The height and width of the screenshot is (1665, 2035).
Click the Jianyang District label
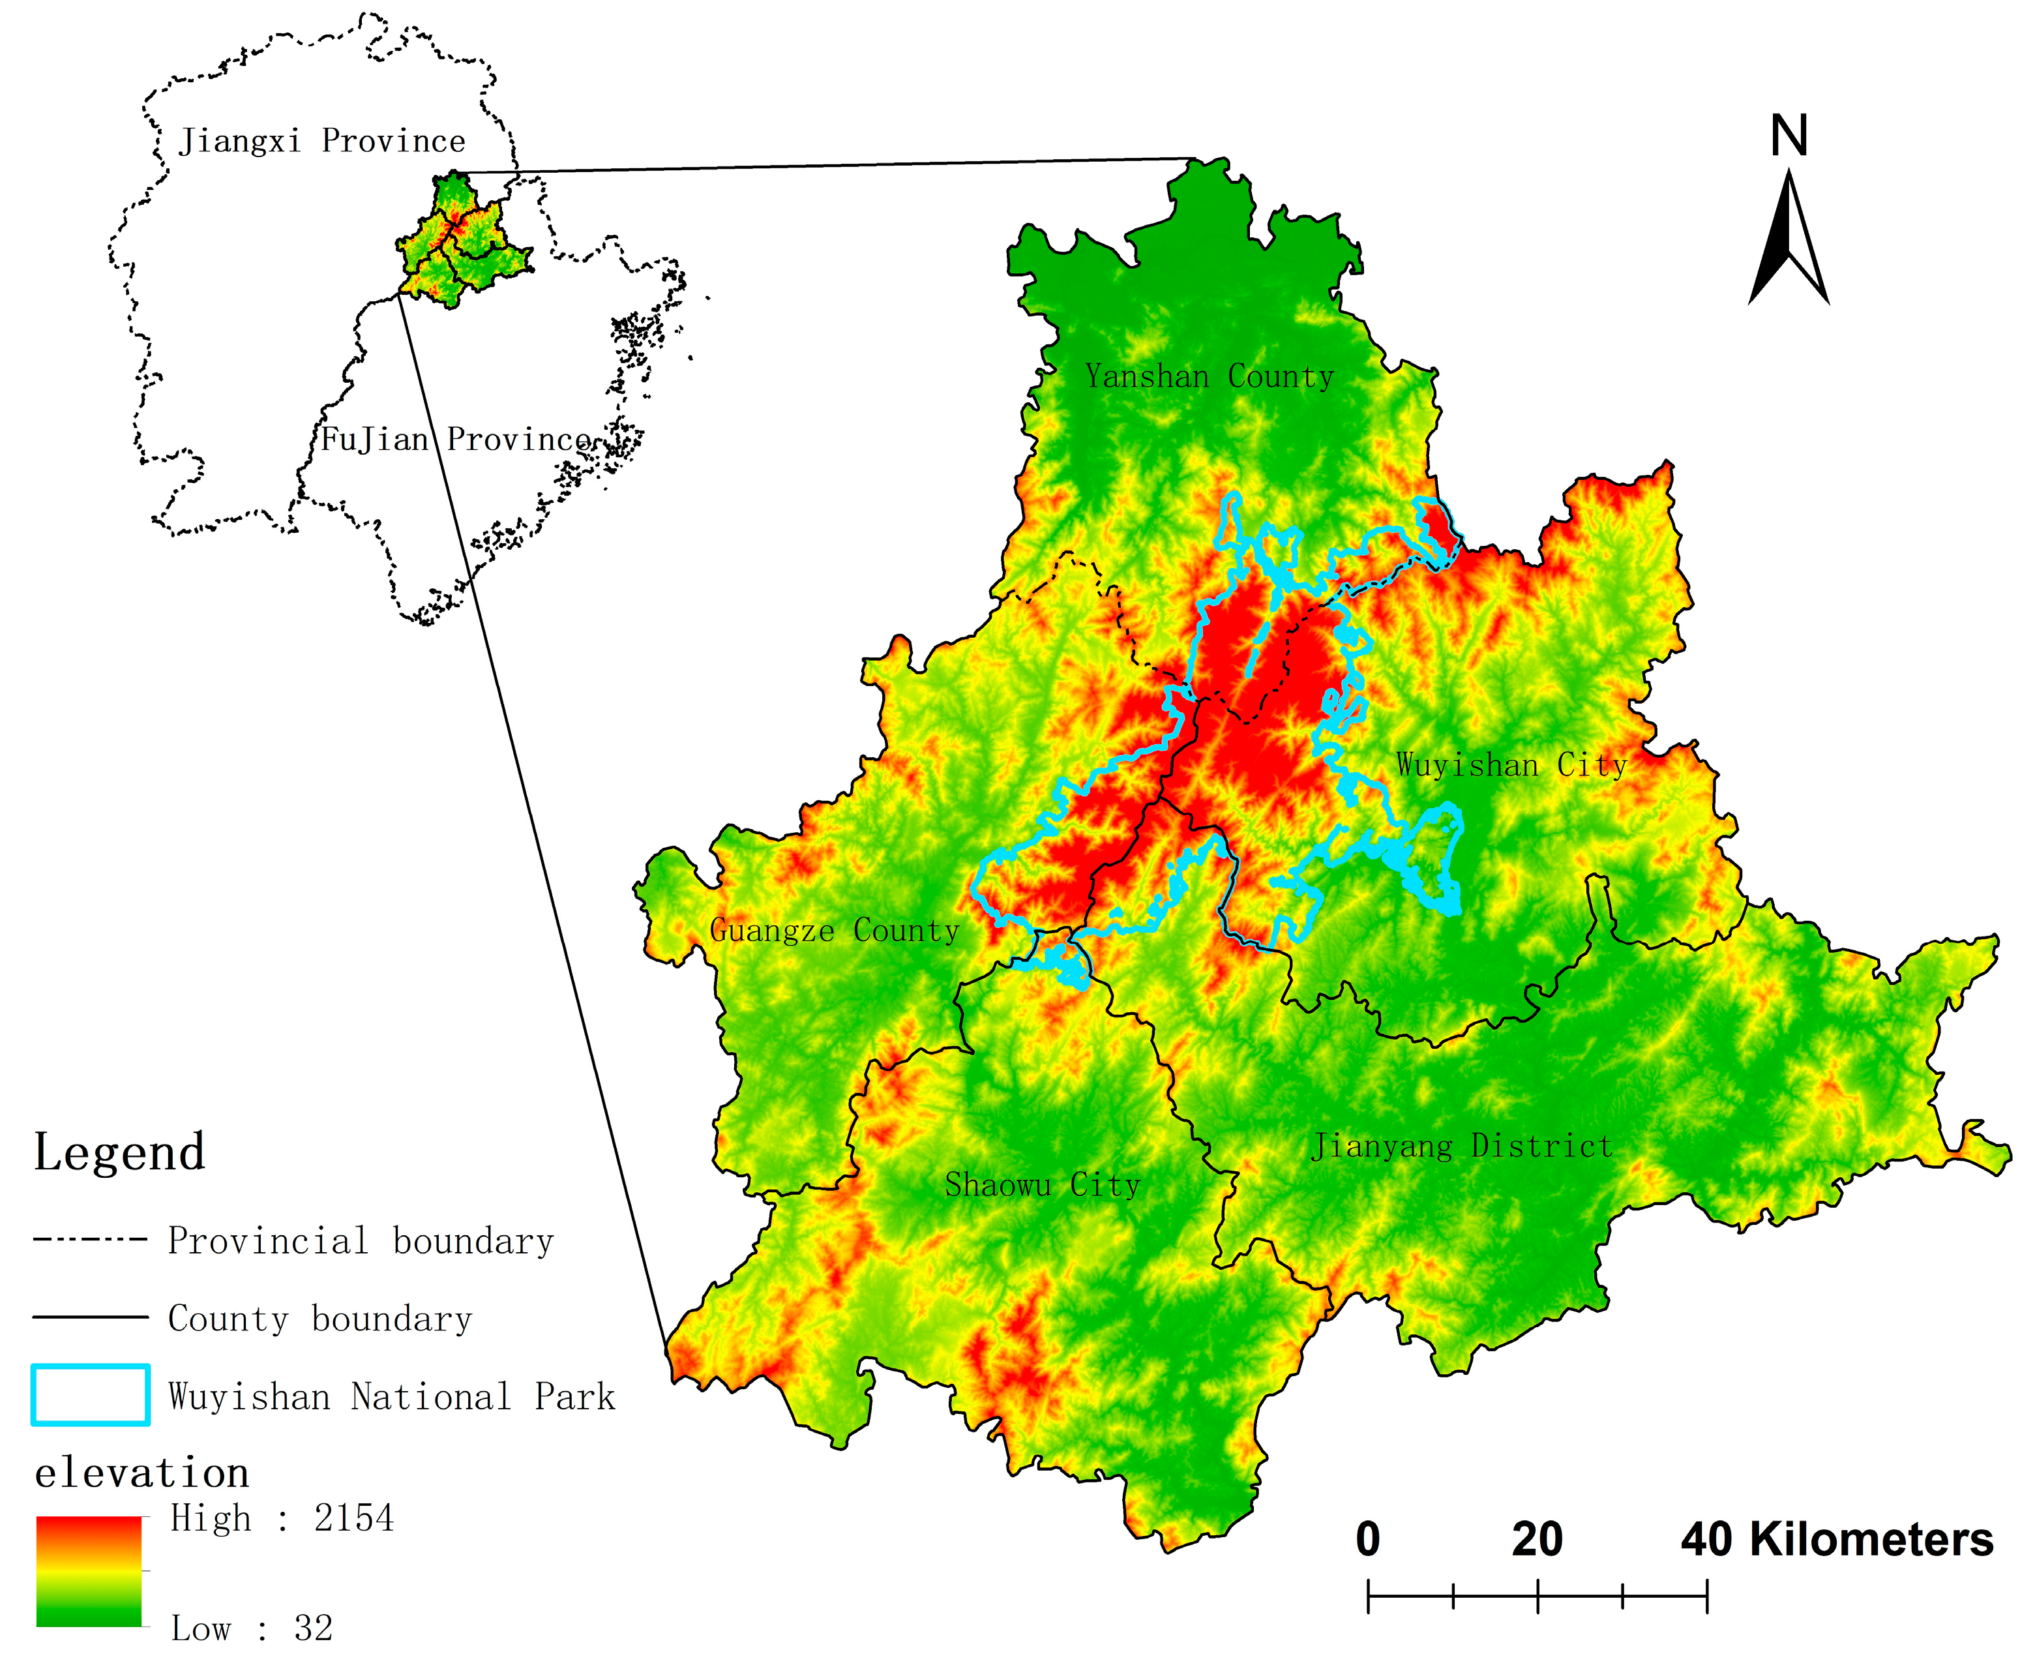click(x=1461, y=1145)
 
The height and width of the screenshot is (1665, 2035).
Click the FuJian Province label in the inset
click(x=456, y=440)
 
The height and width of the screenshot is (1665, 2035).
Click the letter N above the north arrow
click(x=1789, y=136)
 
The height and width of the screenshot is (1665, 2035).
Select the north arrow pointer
click(x=1789, y=240)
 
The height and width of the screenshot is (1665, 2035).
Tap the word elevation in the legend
click(x=142, y=1472)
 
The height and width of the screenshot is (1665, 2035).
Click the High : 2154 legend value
click(x=282, y=1518)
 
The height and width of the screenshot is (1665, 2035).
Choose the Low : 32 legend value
click(x=251, y=1628)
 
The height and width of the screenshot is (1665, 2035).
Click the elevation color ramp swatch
click(x=89, y=1571)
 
